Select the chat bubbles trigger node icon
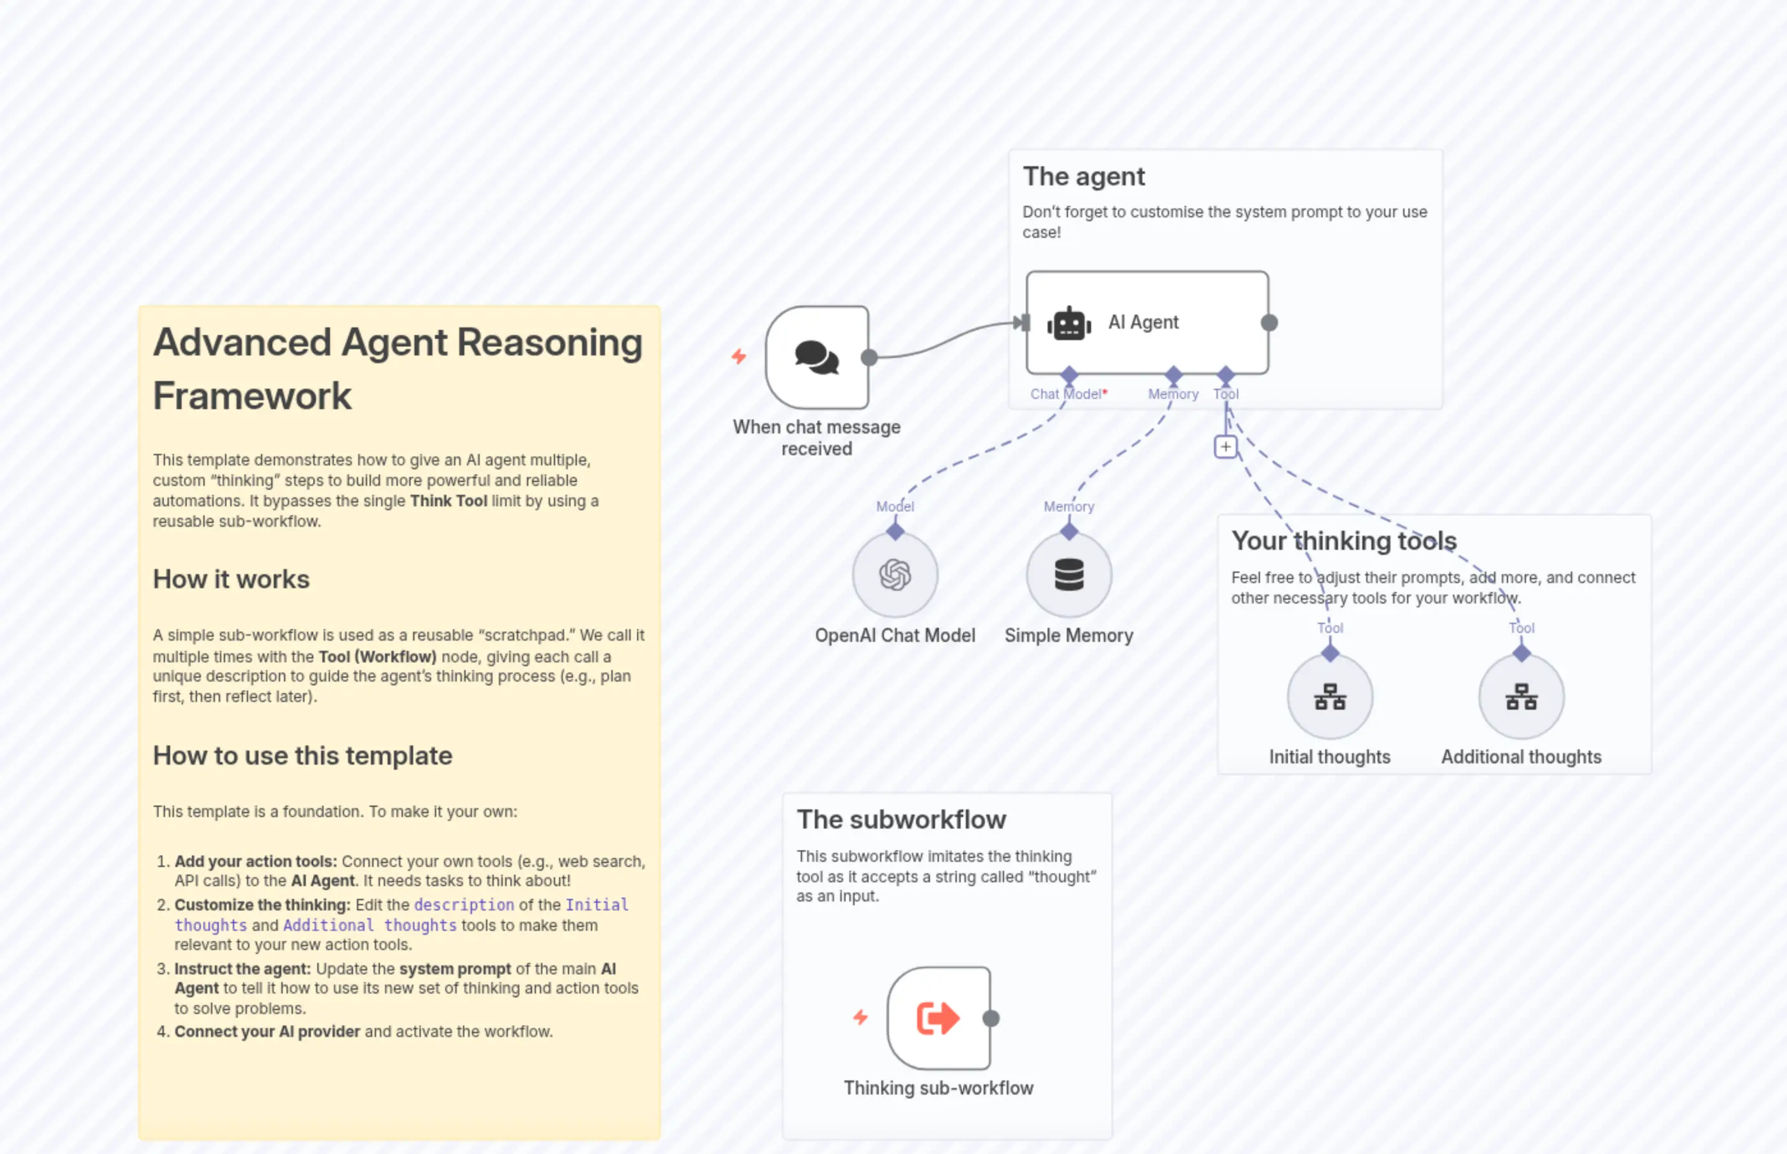pos(816,357)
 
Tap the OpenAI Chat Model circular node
pos(894,575)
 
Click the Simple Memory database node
pos(1068,575)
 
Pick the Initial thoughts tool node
pos(1329,697)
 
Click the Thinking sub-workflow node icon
pos(938,1018)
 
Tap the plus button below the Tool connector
pos(1225,448)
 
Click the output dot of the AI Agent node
pos(1268,323)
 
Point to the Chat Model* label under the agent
pos(1067,394)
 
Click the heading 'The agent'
pos(1083,177)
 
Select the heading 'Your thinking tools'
pos(1343,540)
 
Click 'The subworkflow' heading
pos(901,819)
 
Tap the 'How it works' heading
pos(231,579)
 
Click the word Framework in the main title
pos(252,396)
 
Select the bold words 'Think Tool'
pos(448,501)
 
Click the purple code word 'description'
pos(464,905)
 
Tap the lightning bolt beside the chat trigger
pos(738,357)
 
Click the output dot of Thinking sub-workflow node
pos(990,1018)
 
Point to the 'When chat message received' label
pos(816,437)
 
